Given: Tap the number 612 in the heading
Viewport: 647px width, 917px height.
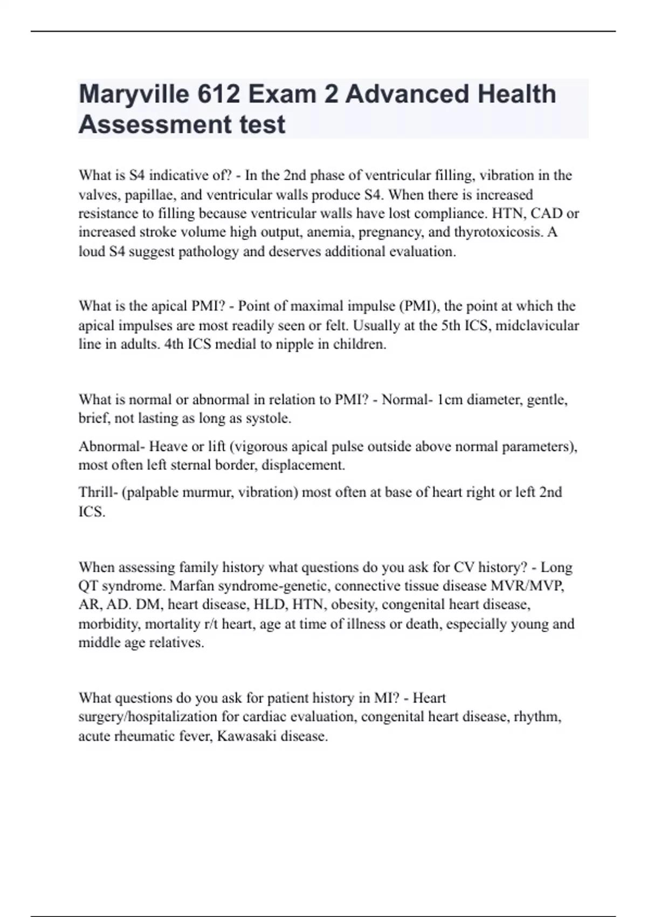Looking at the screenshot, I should point(218,95).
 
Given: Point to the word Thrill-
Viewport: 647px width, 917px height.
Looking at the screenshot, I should point(98,492).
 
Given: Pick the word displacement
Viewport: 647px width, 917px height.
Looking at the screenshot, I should point(303,465).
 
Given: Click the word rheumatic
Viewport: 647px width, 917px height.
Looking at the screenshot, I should point(142,736).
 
